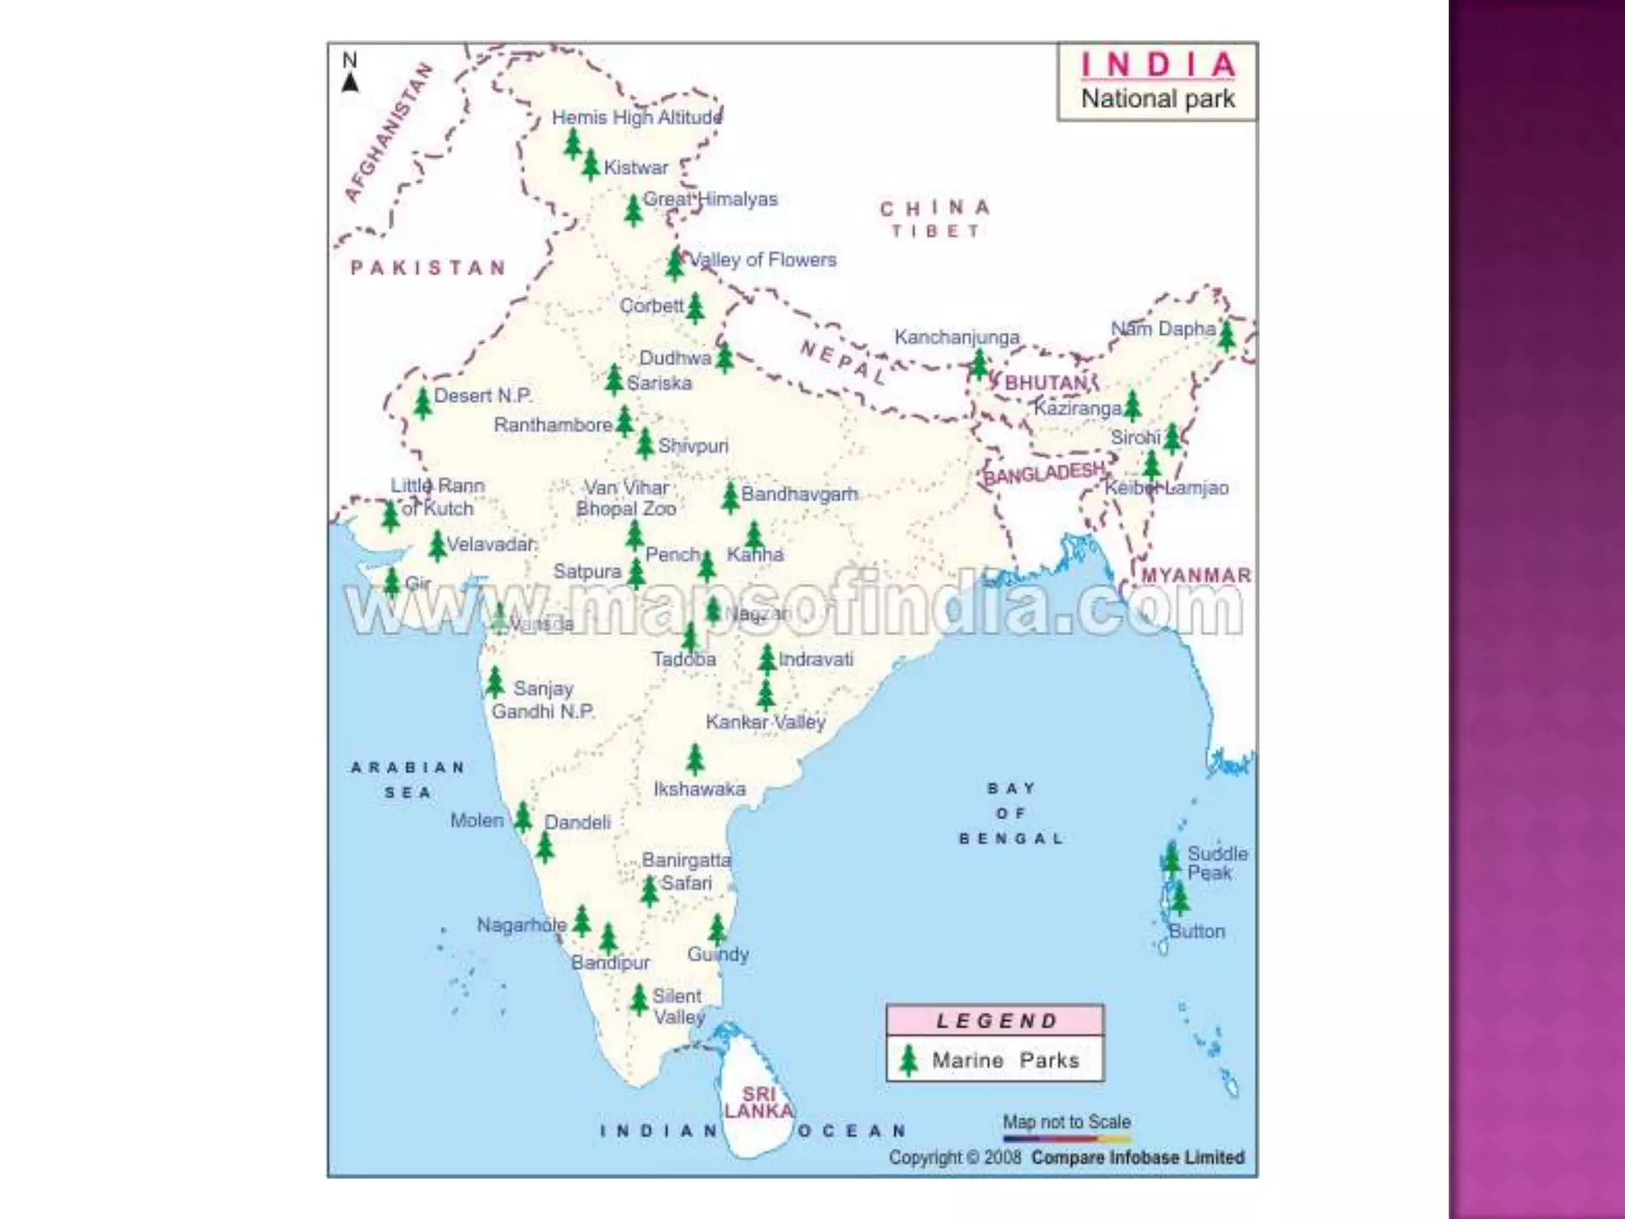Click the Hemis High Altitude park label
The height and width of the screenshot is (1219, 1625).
(x=636, y=117)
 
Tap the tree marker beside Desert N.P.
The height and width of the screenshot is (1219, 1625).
(x=423, y=403)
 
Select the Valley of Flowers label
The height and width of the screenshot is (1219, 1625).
(x=763, y=260)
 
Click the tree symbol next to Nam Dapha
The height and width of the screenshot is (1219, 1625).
(x=1226, y=336)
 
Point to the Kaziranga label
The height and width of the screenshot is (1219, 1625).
(x=1077, y=409)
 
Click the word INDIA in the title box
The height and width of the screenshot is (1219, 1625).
(x=1158, y=65)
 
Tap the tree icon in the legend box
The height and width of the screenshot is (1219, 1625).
(x=909, y=1060)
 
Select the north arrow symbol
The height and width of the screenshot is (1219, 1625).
(x=350, y=81)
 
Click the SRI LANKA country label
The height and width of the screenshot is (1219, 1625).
(x=758, y=1103)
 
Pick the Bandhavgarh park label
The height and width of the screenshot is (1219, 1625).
(x=799, y=494)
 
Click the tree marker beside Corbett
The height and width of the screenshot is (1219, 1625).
(x=695, y=308)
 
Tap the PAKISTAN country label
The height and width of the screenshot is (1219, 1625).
(x=428, y=267)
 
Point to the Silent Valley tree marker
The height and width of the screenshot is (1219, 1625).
(x=640, y=999)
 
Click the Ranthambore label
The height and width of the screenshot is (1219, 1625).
(x=552, y=425)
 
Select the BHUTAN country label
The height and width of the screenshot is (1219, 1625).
(x=1047, y=383)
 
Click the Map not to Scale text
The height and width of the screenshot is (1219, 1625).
(x=1066, y=1121)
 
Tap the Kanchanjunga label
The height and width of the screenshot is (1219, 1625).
(x=956, y=337)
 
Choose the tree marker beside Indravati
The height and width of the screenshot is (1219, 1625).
(x=766, y=659)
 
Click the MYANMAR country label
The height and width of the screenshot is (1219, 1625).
(x=1195, y=575)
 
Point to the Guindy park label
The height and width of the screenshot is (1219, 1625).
(x=718, y=954)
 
